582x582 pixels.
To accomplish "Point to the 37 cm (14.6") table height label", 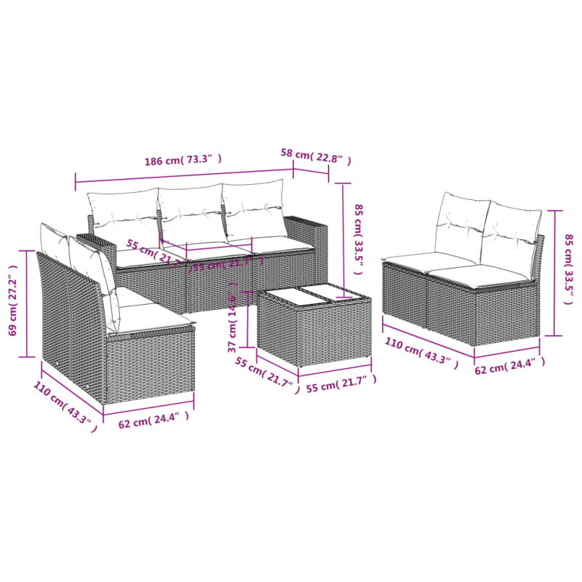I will click(x=233, y=320).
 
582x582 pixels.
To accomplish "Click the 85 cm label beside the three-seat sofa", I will click(x=356, y=237).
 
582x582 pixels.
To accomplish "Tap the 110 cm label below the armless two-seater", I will click(x=419, y=356).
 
